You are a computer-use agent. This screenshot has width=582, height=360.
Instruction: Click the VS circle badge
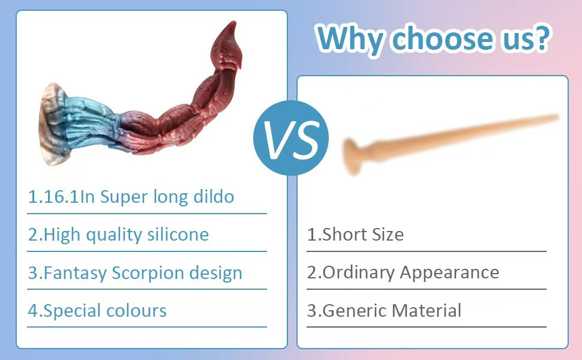pyautogui.click(x=290, y=137)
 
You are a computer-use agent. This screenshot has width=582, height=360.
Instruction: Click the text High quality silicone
pyautogui.click(x=118, y=235)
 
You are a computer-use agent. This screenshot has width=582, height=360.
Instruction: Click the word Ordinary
pyautogui.click(x=358, y=273)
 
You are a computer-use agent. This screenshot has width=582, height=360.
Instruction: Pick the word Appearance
pyautogui.click(x=449, y=273)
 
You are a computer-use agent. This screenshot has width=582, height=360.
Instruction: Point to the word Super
pyautogui.click(x=124, y=197)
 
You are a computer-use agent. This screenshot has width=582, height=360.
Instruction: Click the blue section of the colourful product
pyautogui.click(x=91, y=122)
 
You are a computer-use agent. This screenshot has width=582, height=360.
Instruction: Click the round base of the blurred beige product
pyautogui.click(x=351, y=156)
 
